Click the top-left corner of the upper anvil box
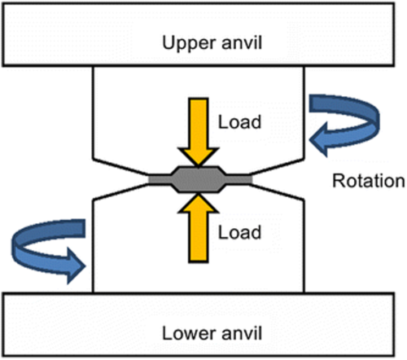(x=4, y=4)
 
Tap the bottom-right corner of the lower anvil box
(x=402, y=356)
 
